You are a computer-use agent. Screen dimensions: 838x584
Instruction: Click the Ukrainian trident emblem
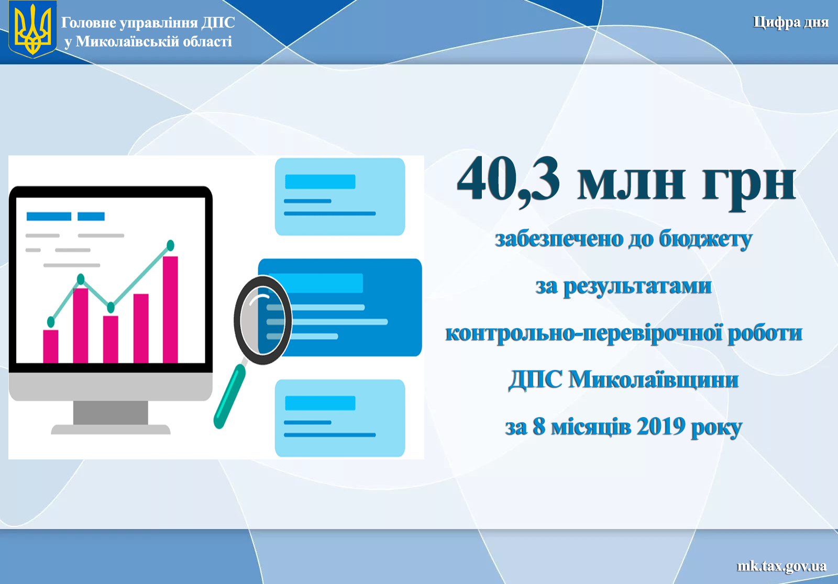tap(32, 29)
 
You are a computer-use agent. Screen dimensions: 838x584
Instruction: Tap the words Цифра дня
tap(790, 23)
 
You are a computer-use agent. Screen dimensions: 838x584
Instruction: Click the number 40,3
tap(508, 180)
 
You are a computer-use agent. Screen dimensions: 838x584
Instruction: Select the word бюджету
tap(705, 239)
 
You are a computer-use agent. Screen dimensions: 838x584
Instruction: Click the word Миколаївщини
tap(654, 379)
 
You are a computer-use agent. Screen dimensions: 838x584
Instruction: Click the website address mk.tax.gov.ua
tap(781, 566)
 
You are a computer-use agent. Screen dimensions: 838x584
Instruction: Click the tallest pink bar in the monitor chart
tap(170, 309)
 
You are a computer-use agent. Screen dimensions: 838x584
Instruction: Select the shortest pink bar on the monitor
tap(50, 346)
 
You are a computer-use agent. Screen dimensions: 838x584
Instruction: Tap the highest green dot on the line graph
tap(170, 245)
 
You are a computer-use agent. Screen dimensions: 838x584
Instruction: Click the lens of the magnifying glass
tap(262, 320)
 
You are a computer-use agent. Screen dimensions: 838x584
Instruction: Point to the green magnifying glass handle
tap(229, 396)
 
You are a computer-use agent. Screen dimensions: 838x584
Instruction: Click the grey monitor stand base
tap(111, 429)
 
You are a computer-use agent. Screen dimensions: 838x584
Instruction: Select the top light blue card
tap(340, 197)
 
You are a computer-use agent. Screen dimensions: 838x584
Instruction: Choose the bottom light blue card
tap(340, 418)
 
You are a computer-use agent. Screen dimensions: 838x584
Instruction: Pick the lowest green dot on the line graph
tap(51, 321)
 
